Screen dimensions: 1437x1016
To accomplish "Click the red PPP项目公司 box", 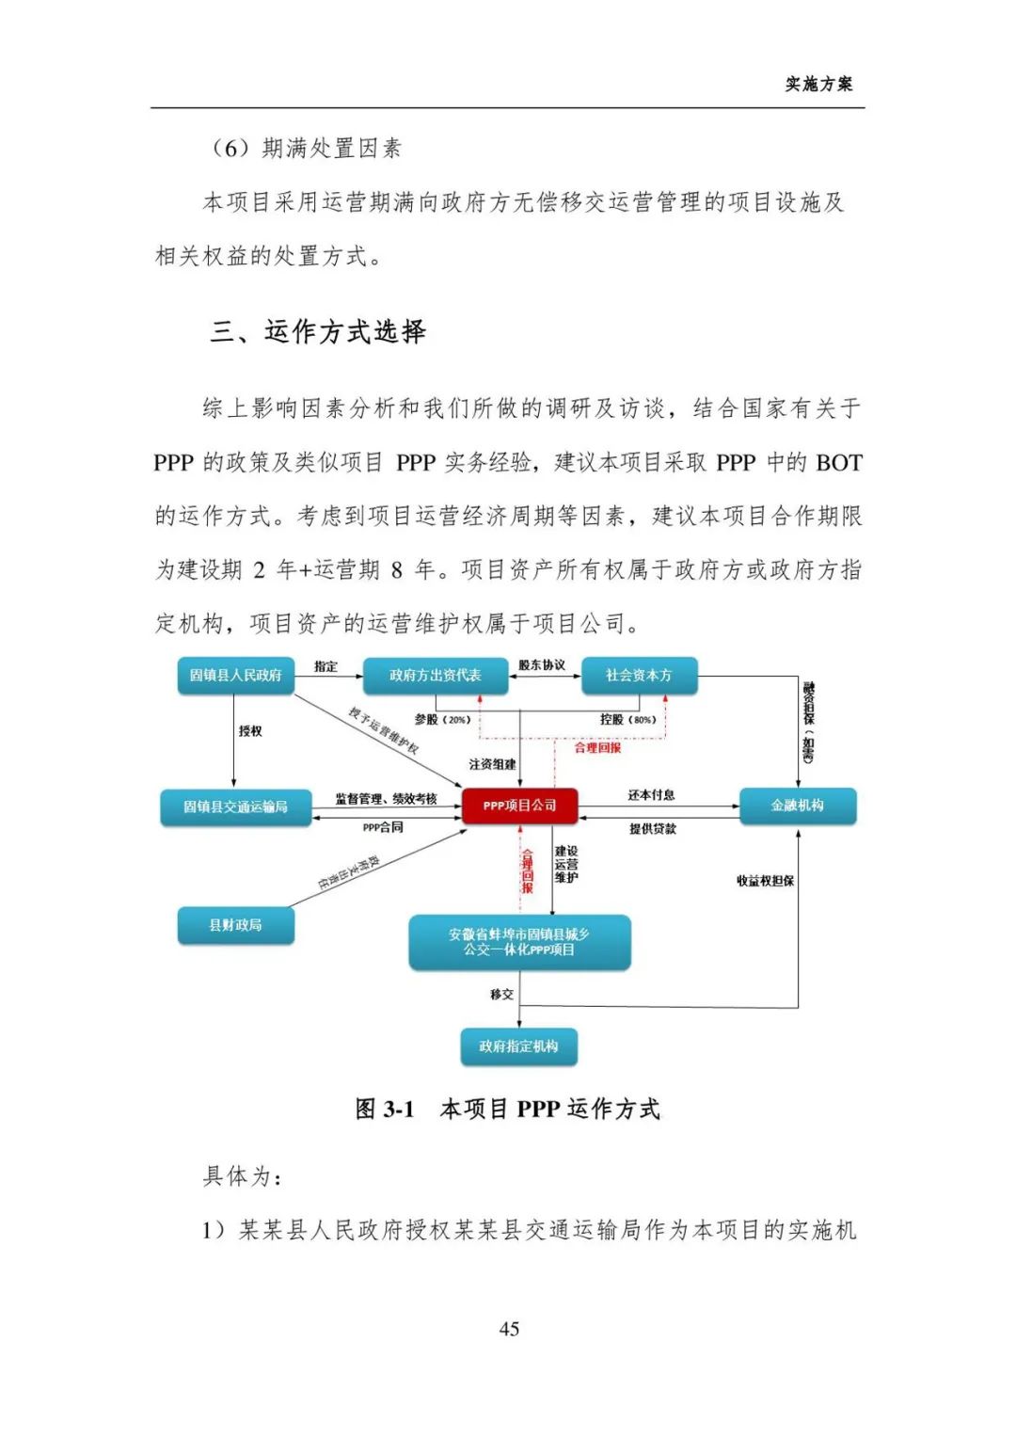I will pyautogui.click(x=519, y=806).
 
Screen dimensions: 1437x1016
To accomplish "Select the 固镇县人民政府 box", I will pyautogui.click(x=235, y=675).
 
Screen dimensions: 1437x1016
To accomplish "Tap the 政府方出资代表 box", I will pyautogui.click(x=435, y=675).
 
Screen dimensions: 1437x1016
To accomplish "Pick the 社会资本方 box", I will pyautogui.click(x=639, y=675).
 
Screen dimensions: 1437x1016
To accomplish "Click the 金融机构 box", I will pyautogui.click(x=797, y=806).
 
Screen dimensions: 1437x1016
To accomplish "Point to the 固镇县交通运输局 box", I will pyautogui.click(x=235, y=806).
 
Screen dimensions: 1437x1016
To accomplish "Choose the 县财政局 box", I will pyautogui.click(x=235, y=925).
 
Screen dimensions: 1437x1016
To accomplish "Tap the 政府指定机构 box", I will pyautogui.click(x=518, y=1046).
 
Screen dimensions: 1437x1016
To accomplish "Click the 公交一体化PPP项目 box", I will pyautogui.click(x=519, y=942).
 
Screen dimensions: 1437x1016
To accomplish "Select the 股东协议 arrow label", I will pyautogui.click(x=542, y=665).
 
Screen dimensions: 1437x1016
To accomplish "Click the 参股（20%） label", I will pyautogui.click(x=442, y=720).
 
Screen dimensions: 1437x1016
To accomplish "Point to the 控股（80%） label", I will pyautogui.click(x=627, y=720).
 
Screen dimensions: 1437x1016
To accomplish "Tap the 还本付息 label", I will pyautogui.click(x=651, y=795).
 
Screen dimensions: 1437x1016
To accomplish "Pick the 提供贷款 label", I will pyautogui.click(x=652, y=829).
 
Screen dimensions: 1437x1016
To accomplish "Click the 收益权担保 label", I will pyautogui.click(x=765, y=881).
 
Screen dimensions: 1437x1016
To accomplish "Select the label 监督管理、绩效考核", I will pyautogui.click(x=386, y=799).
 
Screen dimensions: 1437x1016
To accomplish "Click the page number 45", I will pyautogui.click(x=509, y=1329).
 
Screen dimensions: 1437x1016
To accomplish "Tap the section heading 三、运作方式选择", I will pyautogui.click(x=318, y=331).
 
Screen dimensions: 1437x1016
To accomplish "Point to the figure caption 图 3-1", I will pyautogui.click(x=385, y=1110).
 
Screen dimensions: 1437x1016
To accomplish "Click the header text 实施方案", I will pyautogui.click(x=818, y=84).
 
